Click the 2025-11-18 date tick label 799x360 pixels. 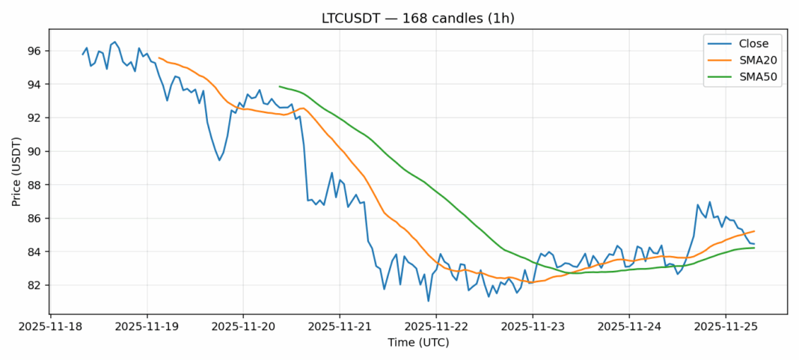pyautogui.click(x=50, y=327)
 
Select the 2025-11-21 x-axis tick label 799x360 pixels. pyautogui.click(x=340, y=327)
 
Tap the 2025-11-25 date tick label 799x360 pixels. pyautogui.click(x=725, y=327)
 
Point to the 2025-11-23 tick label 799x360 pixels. pyautogui.click(x=533, y=327)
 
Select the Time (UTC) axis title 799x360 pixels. pyautogui.click(x=417, y=342)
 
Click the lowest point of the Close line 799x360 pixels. pyautogui.click(x=429, y=301)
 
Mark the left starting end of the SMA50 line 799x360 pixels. pyautogui.click(x=280, y=86)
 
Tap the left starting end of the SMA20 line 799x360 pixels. pyautogui.click(x=159, y=57)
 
